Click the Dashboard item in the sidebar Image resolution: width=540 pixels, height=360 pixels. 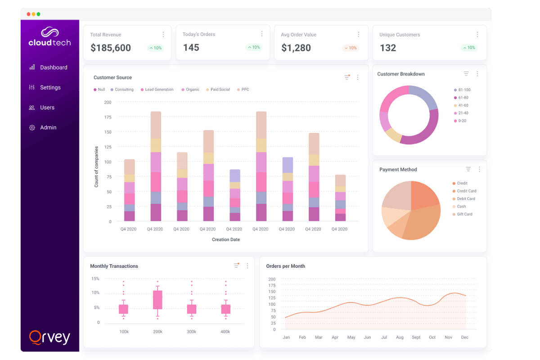point(53,67)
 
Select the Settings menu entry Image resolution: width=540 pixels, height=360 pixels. point(50,88)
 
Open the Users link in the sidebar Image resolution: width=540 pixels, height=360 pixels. point(47,108)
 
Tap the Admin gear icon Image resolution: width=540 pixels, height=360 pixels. point(32,128)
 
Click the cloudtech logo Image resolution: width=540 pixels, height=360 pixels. point(49,37)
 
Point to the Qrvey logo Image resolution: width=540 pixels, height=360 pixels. point(49,337)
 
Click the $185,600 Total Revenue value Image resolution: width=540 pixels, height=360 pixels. point(111,48)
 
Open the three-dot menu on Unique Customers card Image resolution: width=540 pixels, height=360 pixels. point(477,35)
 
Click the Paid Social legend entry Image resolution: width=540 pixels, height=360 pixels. point(220,90)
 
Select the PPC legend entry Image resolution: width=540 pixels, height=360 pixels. point(245,90)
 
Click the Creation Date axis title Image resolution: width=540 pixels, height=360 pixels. point(226,239)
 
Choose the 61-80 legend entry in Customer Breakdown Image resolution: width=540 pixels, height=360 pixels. point(463,98)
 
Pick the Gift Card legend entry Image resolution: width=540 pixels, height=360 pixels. point(464,214)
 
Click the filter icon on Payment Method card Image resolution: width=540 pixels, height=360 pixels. point(468,169)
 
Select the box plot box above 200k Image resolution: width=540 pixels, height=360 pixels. point(157,300)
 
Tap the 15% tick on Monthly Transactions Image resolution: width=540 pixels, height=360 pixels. point(95,279)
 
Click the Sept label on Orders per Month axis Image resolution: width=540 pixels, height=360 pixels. point(416,337)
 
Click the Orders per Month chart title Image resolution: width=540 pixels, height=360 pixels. point(285,266)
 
